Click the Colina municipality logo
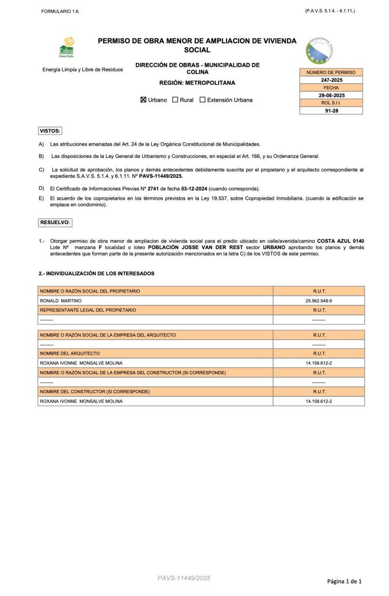point(66,47)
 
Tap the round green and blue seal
point(319,50)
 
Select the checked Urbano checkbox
point(143,100)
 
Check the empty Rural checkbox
point(175,100)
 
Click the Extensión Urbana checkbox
point(203,100)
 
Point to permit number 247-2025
point(331,80)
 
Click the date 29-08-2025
point(331,96)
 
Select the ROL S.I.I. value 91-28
point(331,111)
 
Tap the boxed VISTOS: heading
point(50,131)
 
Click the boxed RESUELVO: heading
point(55,222)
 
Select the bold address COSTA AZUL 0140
point(340,241)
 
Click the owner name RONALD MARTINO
point(61,301)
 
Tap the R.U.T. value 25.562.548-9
point(319,301)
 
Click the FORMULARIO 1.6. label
point(60,11)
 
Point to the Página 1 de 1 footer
point(344,581)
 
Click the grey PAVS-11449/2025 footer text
point(184,578)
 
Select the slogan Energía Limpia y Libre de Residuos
point(83,70)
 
